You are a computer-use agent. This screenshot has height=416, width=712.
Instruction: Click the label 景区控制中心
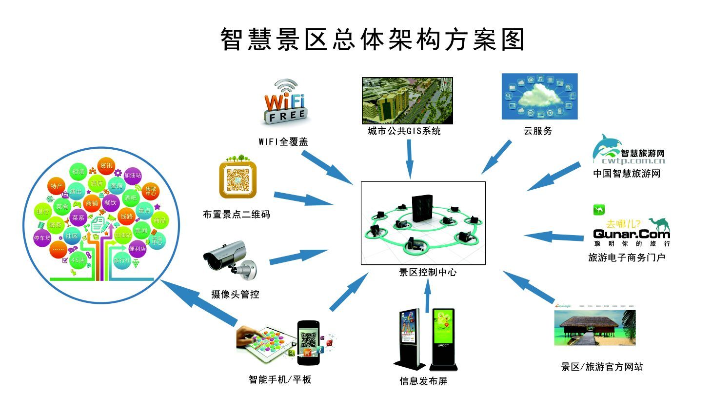click(x=428, y=272)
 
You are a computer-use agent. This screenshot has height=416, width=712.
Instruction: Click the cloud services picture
click(x=539, y=97)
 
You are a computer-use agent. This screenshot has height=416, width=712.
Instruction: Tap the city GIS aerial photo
click(x=407, y=100)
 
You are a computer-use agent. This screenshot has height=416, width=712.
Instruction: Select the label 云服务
click(x=538, y=131)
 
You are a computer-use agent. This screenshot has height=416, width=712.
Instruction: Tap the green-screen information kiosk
click(x=443, y=337)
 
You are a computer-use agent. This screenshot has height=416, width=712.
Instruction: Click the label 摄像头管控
click(x=235, y=295)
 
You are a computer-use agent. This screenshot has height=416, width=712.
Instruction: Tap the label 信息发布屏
click(x=423, y=381)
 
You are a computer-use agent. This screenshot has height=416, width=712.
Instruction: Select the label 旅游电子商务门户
click(x=626, y=258)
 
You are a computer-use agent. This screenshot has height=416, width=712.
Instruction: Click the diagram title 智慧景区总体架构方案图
click(x=373, y=40)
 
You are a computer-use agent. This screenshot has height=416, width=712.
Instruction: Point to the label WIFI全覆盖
click(x=283, y=142)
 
